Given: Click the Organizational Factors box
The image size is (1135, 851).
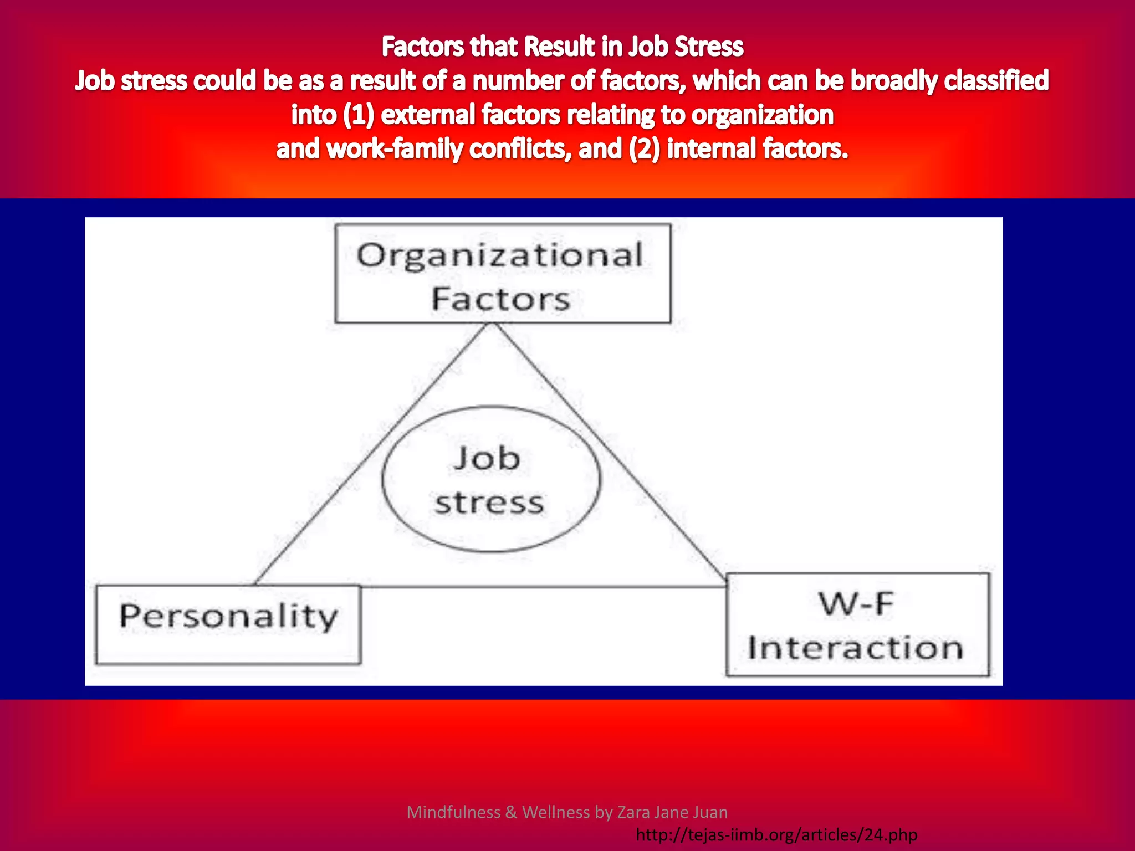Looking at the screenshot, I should (502, 273).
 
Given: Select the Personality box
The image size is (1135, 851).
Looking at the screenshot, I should (228, 624).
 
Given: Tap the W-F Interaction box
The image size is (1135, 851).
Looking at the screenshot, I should (857, 625).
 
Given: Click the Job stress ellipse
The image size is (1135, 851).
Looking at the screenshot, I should (490, 480).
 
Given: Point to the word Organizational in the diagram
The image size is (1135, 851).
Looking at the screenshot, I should (500, 255).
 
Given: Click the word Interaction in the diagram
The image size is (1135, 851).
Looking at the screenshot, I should (855, 648).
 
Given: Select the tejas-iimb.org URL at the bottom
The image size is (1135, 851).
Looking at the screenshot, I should (776, 834).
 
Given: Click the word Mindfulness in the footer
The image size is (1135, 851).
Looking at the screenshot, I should (453, 812).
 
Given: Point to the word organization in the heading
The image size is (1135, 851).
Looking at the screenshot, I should (763, 115).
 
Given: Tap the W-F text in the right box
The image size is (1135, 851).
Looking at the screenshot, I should (857, 604).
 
